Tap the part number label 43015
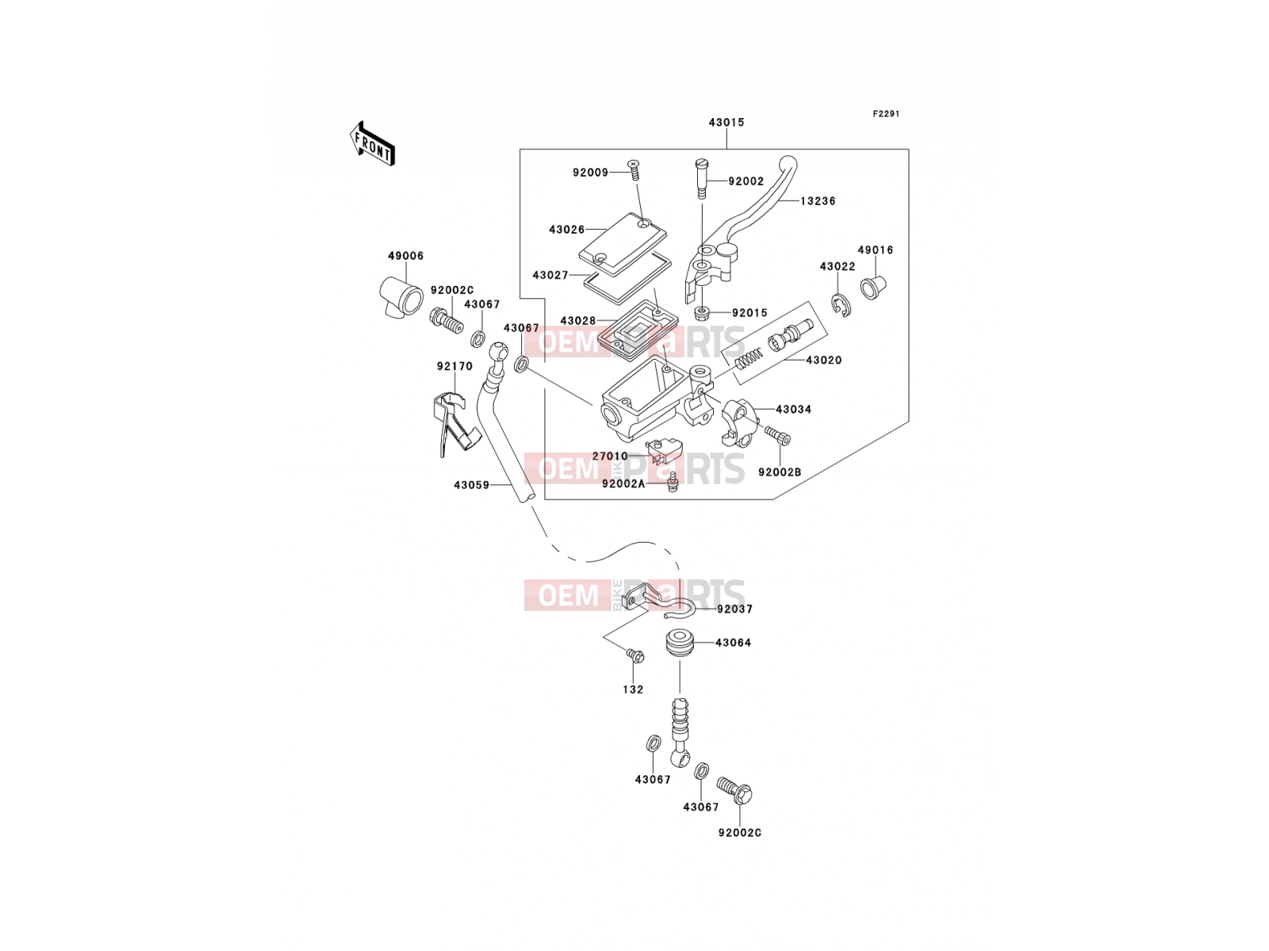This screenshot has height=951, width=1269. point(727,122)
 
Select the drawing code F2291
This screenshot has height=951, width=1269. point(886,114)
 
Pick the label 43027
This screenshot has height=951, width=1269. point(550,276)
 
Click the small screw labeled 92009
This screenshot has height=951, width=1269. point(635,171)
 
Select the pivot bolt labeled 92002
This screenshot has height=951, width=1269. point(700,180)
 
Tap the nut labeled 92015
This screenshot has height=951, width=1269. point(701,314)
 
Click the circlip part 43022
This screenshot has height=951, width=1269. point(842,305)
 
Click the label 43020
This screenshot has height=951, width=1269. point(824,361)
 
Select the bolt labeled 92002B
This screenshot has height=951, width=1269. point(777,435)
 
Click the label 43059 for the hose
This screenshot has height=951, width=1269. point(472,486)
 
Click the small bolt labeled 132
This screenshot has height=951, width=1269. point(634,655)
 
